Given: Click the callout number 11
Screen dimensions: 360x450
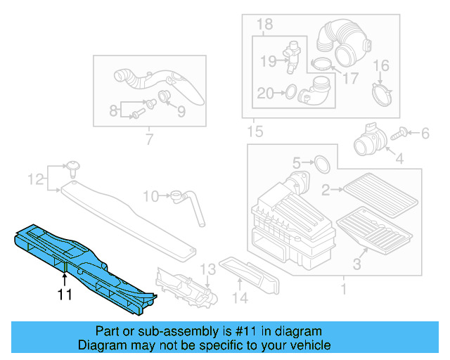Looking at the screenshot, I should (x=65, y=295).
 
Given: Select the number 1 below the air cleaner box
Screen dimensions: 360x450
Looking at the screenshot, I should (x=343, y=289).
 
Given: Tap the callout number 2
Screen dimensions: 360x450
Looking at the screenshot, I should (x=326, y=189).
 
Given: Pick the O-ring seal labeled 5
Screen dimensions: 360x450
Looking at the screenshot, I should (x=321, y=164).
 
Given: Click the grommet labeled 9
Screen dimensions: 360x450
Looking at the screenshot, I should (x=165, y=96).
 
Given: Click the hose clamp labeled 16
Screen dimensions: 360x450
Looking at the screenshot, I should (x=380, y=91).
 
